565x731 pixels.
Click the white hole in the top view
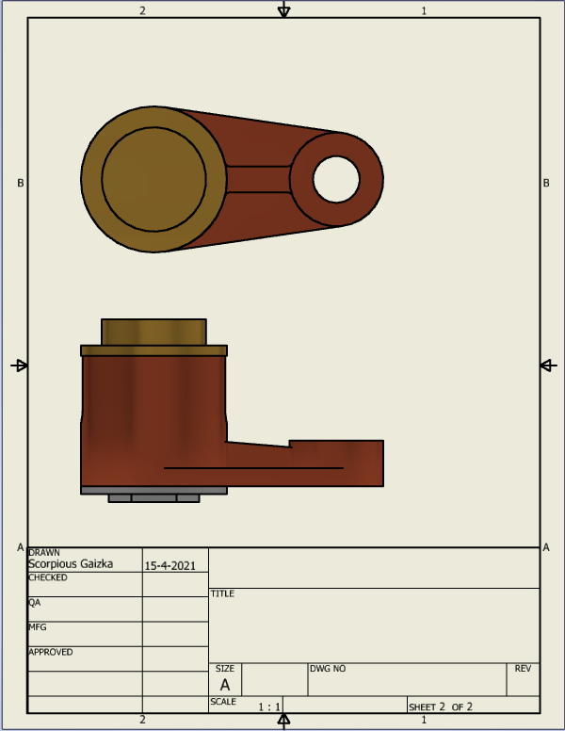point(336,180)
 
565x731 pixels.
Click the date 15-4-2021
point(170,565)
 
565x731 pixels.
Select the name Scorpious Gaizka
point(71,564)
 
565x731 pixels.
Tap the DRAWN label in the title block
point(44,552)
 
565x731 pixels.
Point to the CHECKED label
point(48,577)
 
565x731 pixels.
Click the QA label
point(35,602)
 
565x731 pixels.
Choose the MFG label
point(38,627)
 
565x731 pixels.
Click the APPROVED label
point(51,652)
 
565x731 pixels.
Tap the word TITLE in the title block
point(222,593)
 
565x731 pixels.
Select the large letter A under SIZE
point(225,685)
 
